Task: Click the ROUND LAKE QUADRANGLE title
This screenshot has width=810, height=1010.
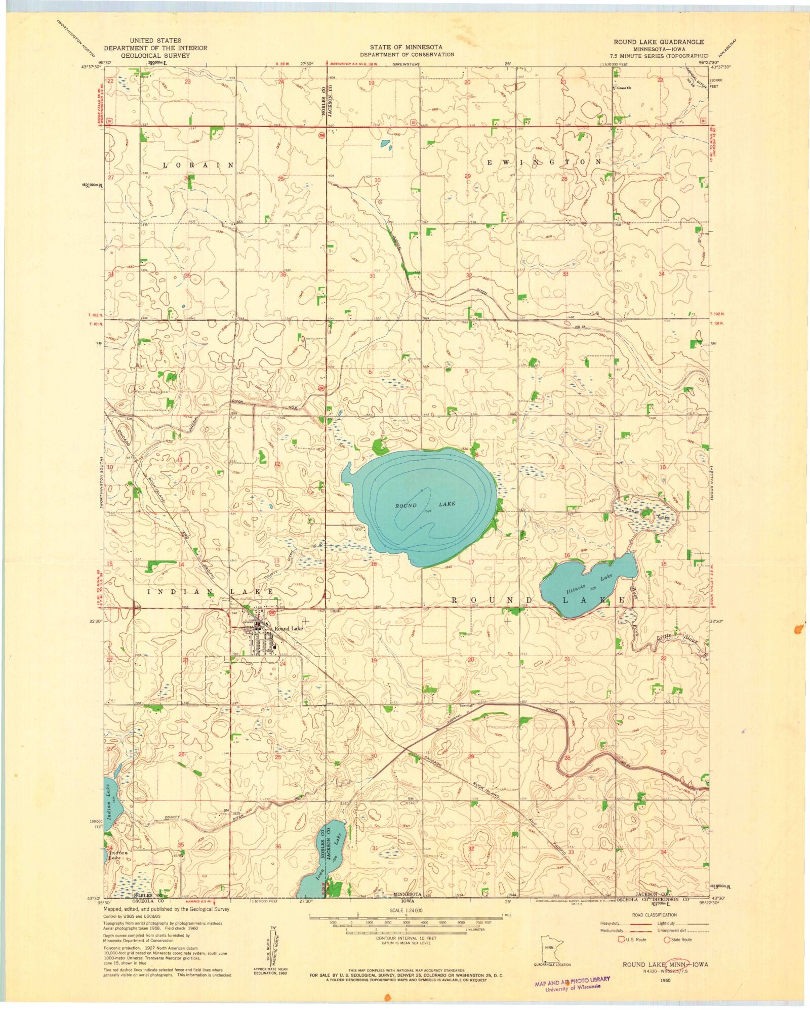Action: (x=658, y=42)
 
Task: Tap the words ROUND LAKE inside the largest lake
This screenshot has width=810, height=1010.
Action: (x=425, y=505)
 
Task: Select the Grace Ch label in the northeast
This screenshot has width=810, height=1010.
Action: (x=624, y=88)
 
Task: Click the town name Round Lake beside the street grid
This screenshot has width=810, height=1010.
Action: (x=289, y=629)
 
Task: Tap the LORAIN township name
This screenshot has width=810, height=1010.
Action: (x=198, y=166)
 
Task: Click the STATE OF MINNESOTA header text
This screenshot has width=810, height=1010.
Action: (x=407, y=47)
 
